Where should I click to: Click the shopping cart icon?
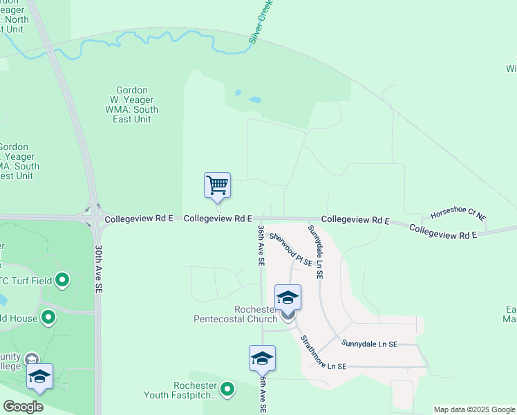pos(217,185)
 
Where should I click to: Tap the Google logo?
pos(23,407)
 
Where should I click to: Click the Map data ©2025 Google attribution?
pos(473,409)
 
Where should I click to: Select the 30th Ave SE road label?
pos(99,267)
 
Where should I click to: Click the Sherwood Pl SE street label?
pos(291,249)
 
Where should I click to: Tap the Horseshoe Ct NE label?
pos(458,216)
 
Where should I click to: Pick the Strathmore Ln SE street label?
pos(323,352)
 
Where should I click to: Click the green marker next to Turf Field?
pos(62,280)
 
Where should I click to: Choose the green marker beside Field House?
pos(48,317)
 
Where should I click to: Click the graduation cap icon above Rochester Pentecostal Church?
pos(288,297)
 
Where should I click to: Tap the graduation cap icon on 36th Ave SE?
pos(262,358)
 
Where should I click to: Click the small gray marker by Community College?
pos(31,359)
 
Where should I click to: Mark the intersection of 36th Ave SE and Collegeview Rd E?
pos(261,219)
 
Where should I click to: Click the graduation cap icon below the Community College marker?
pos(39,376)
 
